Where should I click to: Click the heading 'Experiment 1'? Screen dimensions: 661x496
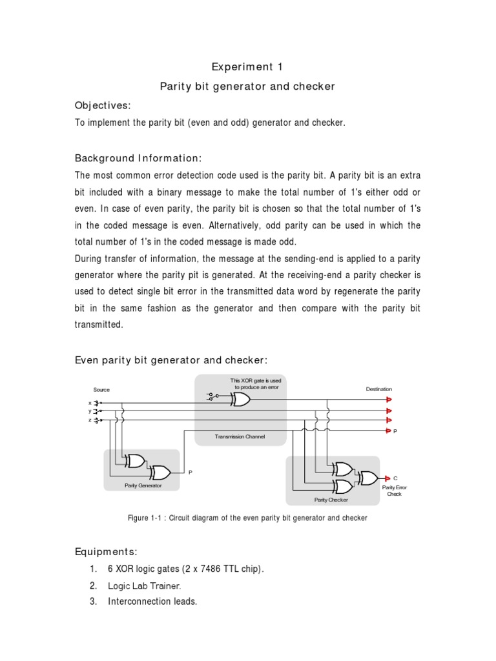point(247,67)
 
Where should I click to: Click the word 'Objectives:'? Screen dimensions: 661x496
point(103,105)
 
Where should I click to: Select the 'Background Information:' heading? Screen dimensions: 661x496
point(139,158)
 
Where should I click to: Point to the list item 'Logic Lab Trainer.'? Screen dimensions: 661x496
point(145,586)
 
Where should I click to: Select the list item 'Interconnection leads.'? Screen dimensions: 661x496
point(152,602)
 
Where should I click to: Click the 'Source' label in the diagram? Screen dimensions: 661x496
point(101,390)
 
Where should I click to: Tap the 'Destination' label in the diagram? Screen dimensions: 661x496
point(378,389)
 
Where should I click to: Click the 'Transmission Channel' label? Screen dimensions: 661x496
point(240,437)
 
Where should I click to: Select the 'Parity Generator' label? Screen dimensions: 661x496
point(143,485)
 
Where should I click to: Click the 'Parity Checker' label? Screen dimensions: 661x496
point(331,500)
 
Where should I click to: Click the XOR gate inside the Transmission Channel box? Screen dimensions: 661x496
point(240,400)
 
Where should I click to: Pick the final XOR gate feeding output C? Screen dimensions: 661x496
point(369,478)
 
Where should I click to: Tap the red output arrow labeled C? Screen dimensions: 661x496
point(387,478)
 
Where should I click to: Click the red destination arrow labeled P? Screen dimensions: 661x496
point(388,430)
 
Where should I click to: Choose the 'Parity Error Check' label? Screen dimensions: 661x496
point(394,491)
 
